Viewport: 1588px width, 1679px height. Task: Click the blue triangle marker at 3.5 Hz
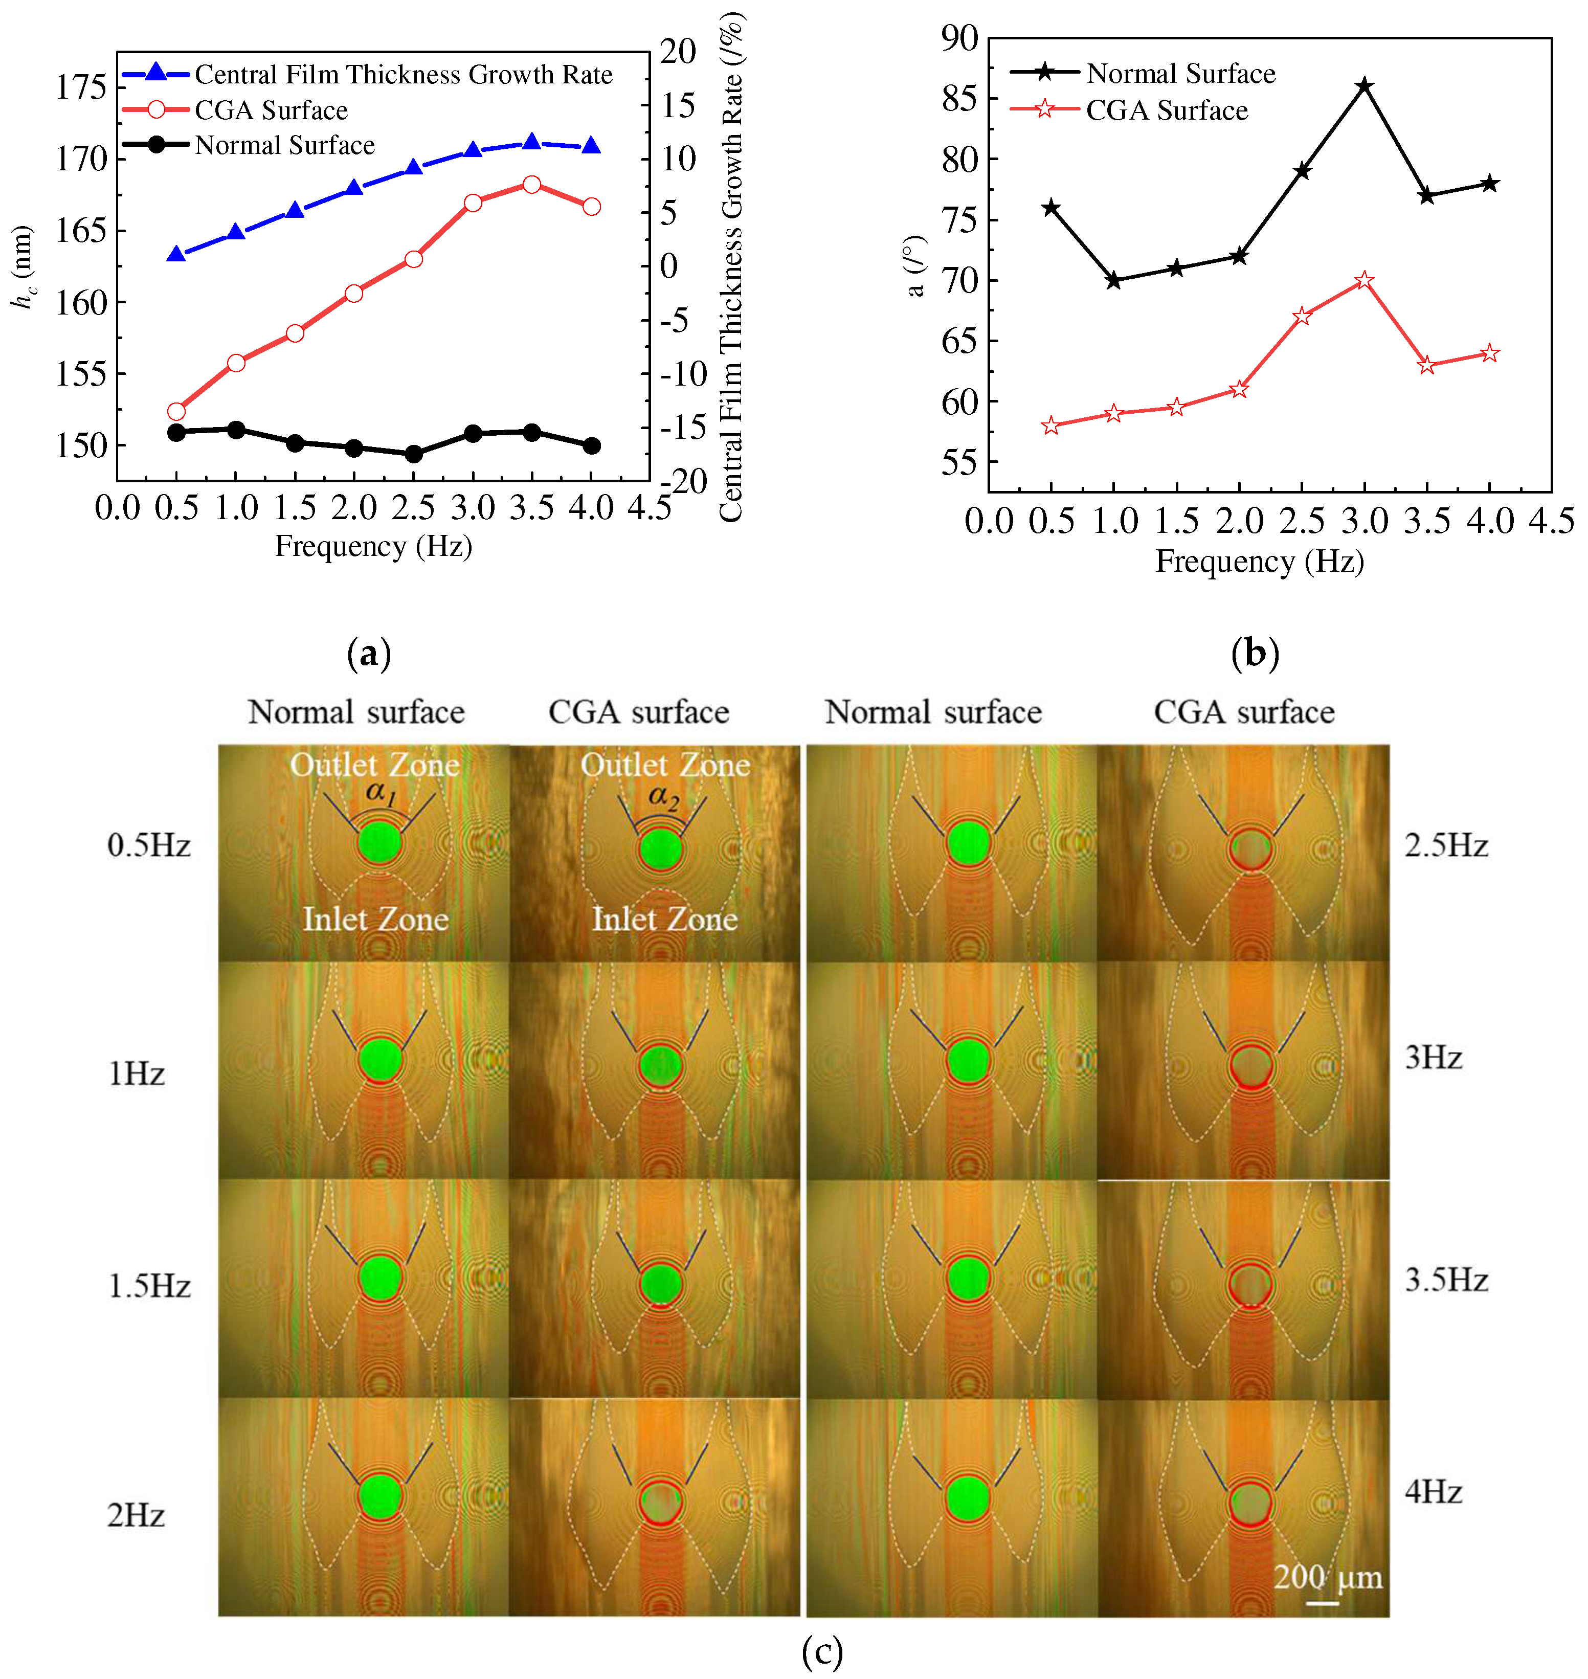coord(531,141)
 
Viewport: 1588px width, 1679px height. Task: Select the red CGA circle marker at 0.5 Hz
coord(176,411)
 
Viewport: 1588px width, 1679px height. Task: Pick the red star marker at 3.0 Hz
coord(1365,280)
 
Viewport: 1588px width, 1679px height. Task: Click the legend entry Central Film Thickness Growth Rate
coord(403,75)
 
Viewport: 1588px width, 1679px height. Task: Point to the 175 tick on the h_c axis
coord(81,86)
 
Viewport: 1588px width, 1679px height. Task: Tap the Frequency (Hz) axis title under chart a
coord(373,546)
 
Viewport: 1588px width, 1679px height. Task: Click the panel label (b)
coord(1256,653)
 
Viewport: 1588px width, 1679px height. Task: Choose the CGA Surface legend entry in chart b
coord(1167,110)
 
